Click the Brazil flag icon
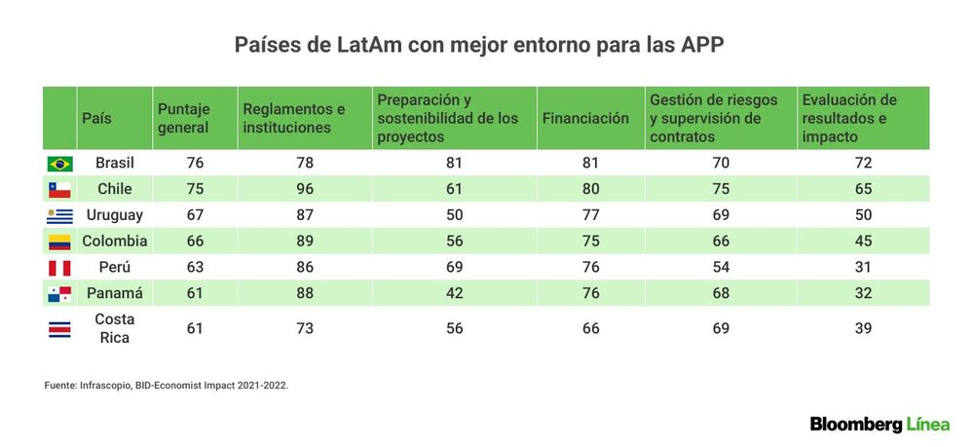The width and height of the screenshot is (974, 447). (59, 164)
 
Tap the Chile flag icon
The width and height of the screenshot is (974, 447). (59, 189)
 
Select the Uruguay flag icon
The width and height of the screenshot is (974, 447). (59, 215)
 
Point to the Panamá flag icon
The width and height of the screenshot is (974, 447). (59, 294)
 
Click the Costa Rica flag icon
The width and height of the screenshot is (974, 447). (59, 328)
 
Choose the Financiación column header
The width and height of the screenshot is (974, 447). (585, 118)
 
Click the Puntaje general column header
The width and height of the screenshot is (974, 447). (184, 118)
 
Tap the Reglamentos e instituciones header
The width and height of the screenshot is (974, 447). (294, 118)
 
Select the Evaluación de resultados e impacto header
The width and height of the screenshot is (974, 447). (849, 118)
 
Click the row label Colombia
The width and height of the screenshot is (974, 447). (115, 241)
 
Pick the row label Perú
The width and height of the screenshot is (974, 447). (115, 267)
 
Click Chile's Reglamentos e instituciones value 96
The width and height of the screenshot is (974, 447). (305, 189)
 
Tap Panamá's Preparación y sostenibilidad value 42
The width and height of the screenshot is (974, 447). (455, 293)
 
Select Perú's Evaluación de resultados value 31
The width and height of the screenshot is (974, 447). (863, 267)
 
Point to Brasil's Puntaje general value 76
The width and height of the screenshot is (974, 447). (195, 163)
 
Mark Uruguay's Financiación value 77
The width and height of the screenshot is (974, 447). (591, 215)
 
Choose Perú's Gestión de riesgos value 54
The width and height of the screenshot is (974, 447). (721, 267)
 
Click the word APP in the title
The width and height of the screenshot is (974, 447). (704, 46)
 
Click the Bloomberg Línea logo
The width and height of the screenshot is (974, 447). (880, 425)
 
